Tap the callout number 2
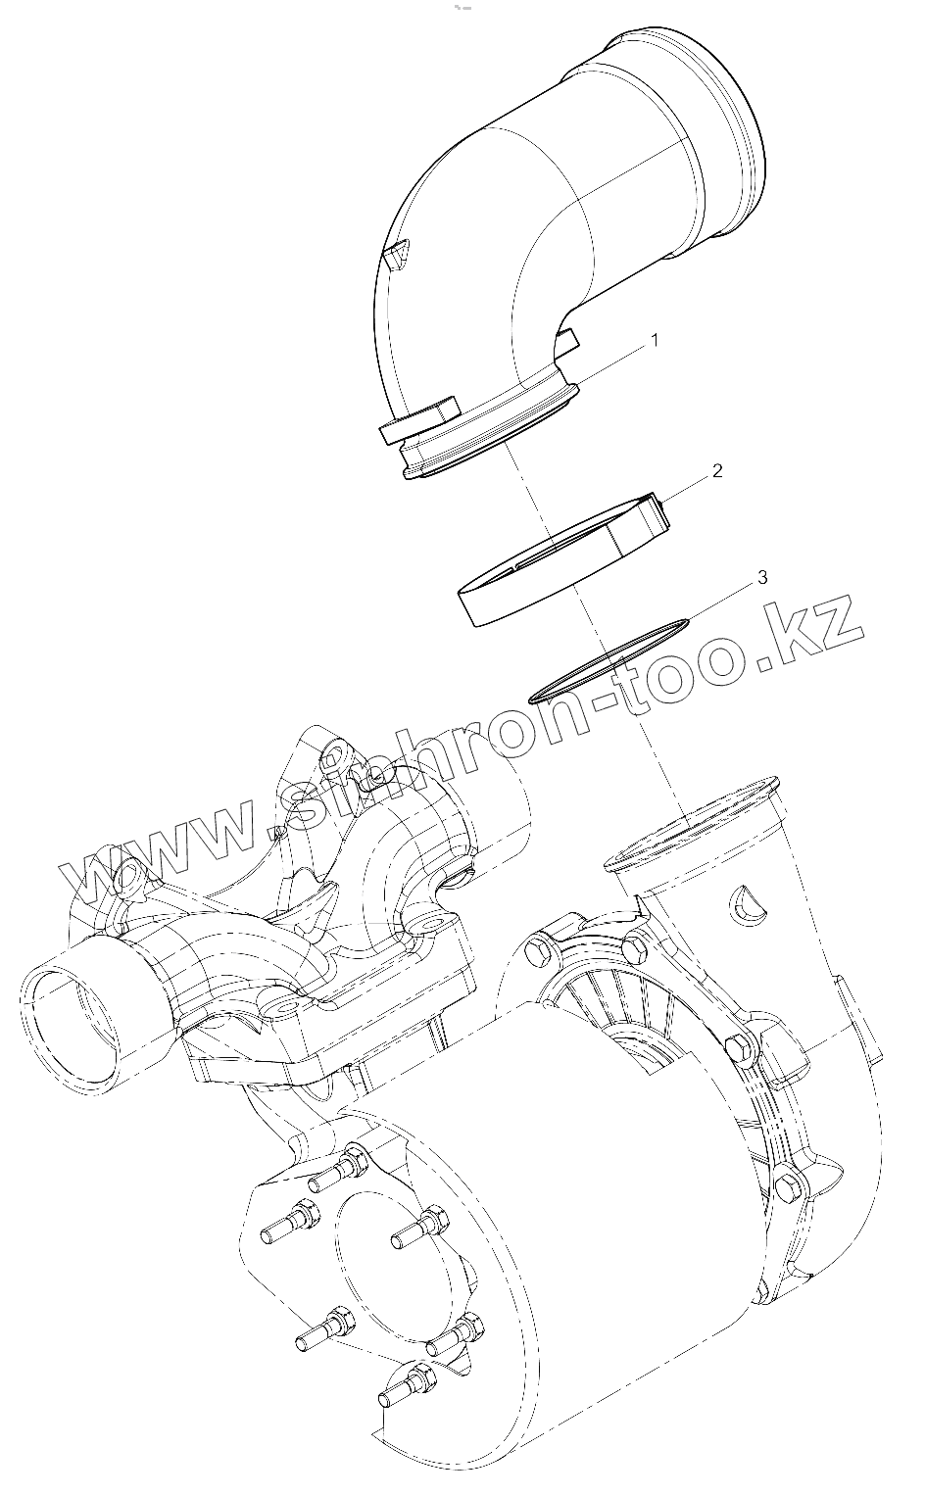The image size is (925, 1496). pos(716,471)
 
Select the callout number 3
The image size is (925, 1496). pos(761,578)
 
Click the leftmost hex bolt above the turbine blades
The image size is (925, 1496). pos(535,948)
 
